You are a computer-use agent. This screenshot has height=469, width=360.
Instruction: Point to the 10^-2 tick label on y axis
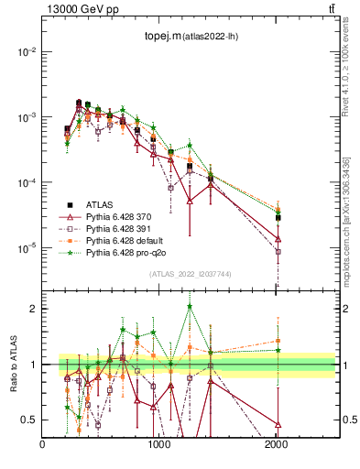(x=26, y=52)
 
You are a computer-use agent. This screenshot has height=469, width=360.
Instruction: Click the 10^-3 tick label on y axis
(x=26, y=117)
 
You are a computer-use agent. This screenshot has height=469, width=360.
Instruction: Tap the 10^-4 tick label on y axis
(x=26, y=183)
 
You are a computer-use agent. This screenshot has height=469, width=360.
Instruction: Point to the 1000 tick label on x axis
(x=159, y=445)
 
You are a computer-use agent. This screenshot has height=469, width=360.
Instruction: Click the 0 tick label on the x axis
(x=43, y=445)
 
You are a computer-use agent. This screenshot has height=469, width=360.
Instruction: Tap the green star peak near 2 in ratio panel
(x=190, y=306)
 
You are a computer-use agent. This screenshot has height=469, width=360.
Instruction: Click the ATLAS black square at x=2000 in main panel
(x=278, y=218)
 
